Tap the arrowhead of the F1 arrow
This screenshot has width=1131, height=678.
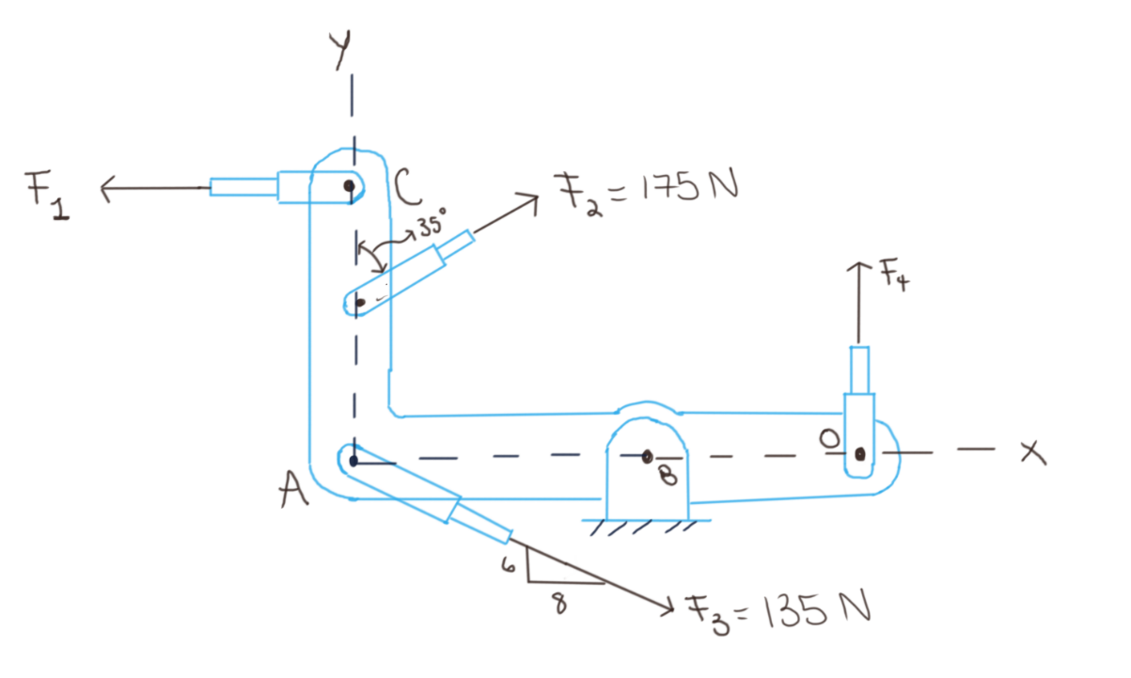[104, 189]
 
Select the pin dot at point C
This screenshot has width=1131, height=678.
[350, 187]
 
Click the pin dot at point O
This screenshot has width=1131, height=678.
[859, 454]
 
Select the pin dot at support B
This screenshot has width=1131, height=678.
[647, 457]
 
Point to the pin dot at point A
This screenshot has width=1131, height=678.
[353, 461]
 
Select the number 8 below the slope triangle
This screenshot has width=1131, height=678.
[560, 604]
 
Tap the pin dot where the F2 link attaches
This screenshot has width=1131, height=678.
[361, 303]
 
